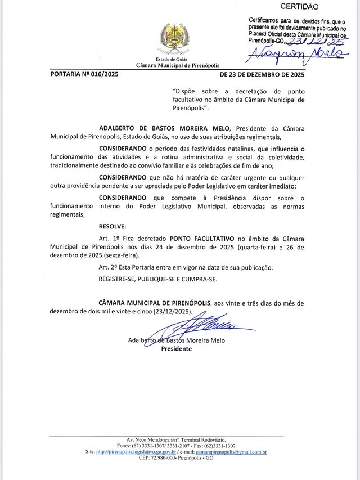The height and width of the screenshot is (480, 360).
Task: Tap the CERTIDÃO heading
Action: click(299, 7)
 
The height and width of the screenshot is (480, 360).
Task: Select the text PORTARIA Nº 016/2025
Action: click(85, 74)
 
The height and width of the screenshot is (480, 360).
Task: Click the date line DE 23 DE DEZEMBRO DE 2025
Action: click(262, 74)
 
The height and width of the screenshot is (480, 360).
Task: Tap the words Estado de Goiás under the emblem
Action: click(172, 59)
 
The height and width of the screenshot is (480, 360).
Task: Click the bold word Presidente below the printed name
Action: click(177, 349)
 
